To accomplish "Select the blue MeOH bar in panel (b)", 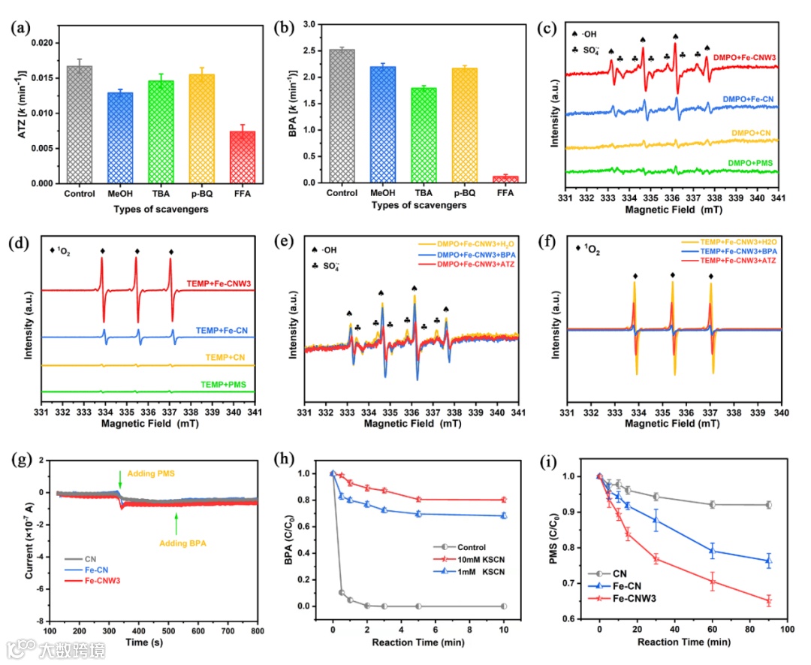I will click(x=383, y=124).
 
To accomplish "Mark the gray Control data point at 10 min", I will click(x=503, y=606).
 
